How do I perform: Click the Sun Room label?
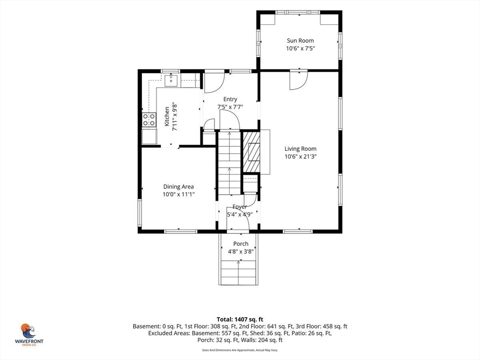(x=300, y=40)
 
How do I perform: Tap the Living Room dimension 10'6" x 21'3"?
(x=300, y=157)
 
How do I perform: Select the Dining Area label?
(x=178, y=187)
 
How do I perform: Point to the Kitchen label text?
(x=167, y=116)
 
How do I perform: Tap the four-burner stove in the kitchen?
(x=149, y=120)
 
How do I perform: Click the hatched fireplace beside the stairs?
(x=251, y=152)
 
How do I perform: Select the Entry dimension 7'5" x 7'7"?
(x=230, y=107)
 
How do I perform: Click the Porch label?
(x=240, y=244)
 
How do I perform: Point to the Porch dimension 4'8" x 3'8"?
(x=240, y=252)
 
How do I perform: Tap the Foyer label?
(x=240, y=207)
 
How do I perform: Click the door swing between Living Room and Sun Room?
(x=299, y=81)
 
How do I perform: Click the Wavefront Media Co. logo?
(x=29, y=335)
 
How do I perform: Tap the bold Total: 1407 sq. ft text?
(x=240, y=320)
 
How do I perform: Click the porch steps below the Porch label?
(x=239, y=272)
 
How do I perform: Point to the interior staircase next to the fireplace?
(x=229, y=162)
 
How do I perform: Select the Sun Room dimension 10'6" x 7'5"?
(x=300, y=48)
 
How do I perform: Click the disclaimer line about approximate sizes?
(x=240, y=350)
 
